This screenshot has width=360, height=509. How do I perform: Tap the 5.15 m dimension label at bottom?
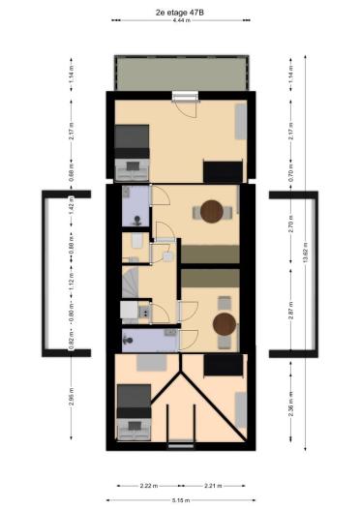click(180, 500)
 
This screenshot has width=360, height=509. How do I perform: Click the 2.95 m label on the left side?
click(71, 398)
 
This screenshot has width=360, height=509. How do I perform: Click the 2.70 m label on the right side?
click(290, 227)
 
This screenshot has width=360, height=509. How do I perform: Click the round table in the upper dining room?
click(212, 212)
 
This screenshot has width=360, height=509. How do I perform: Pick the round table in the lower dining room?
click(225, 323)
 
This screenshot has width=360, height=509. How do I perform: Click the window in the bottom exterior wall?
click(181, 445)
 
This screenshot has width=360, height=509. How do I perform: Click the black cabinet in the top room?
click(222, 170)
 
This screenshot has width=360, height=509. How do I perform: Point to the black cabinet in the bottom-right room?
click(224, 365)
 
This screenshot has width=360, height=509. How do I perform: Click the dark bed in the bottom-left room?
click(134, 399)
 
